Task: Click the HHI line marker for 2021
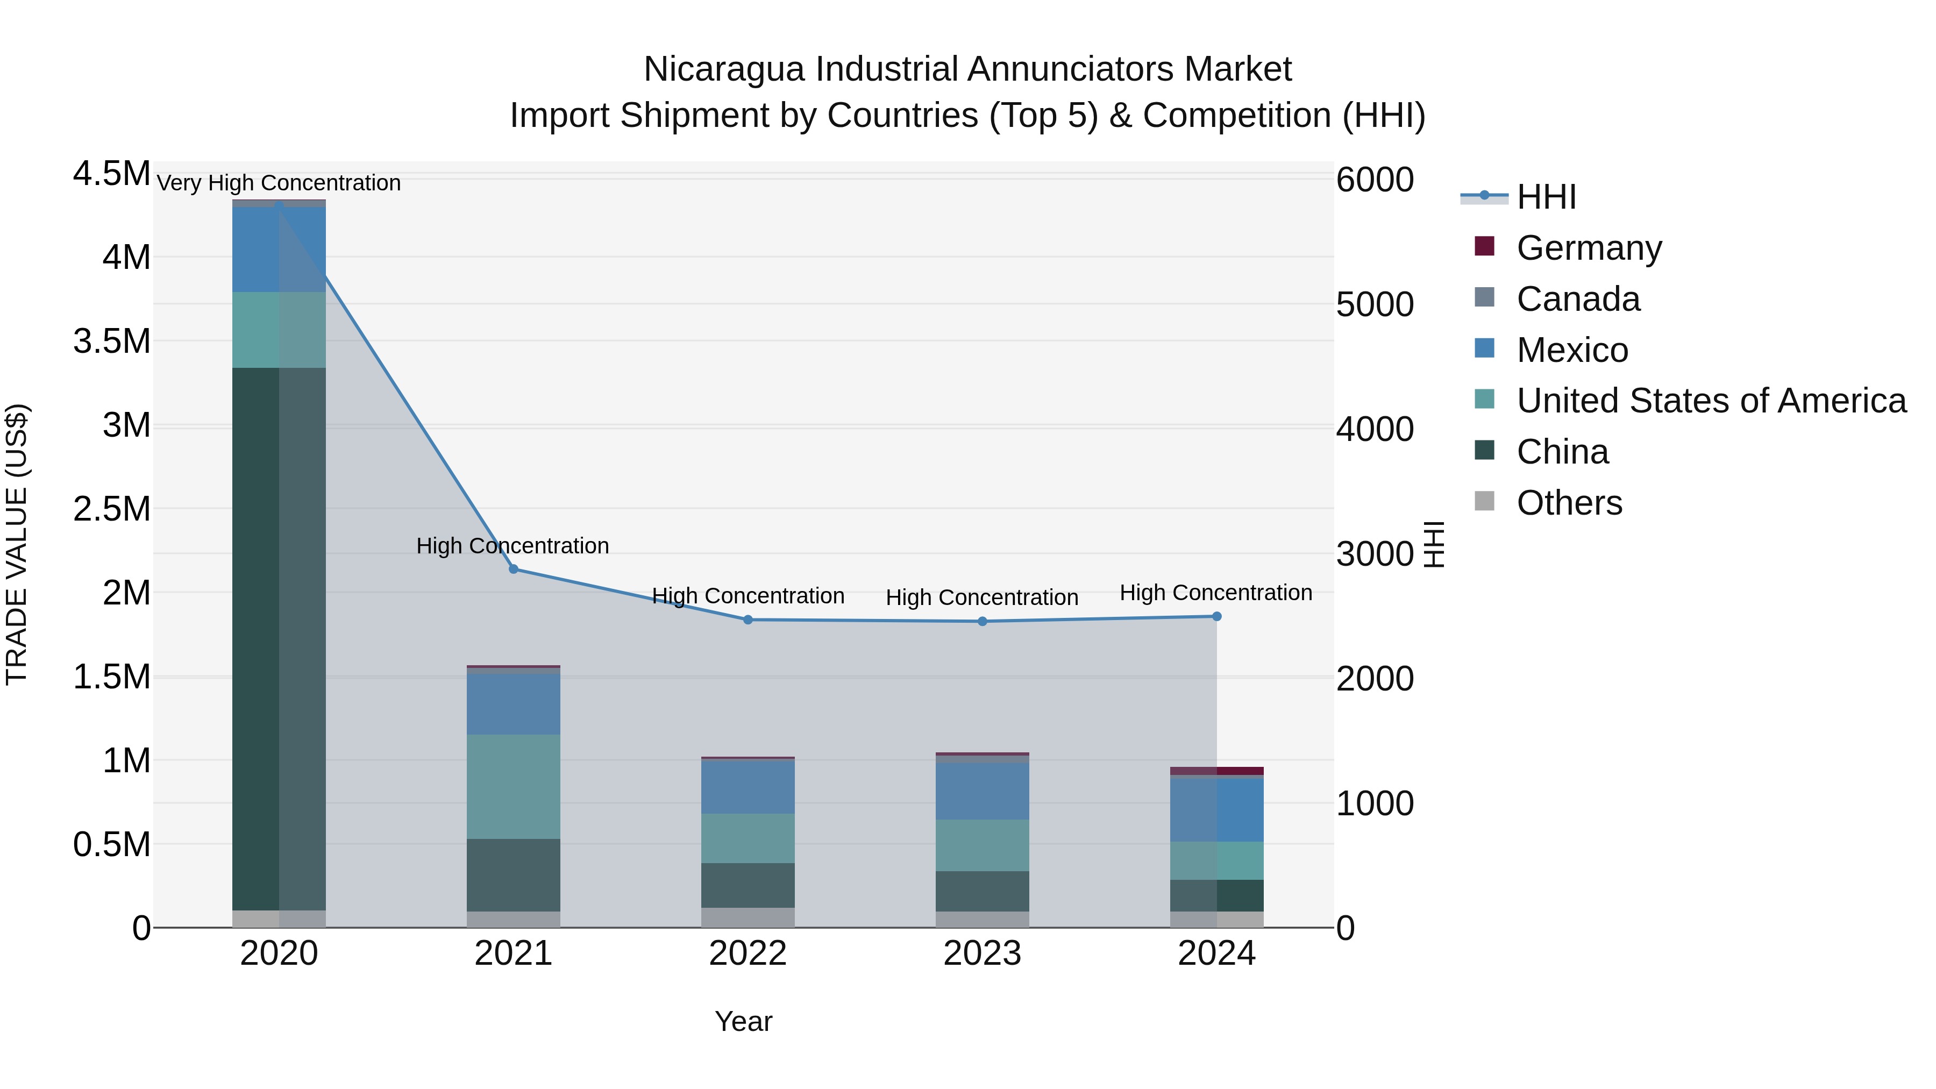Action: coord(514,569)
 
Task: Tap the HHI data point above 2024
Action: coord(1217,616)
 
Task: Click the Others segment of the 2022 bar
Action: coord(748,917)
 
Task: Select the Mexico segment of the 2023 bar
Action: coord(983,791)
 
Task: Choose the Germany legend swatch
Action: coord(1484,246)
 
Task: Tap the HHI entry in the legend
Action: coord(1546,197)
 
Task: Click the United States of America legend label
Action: coord(1711,401)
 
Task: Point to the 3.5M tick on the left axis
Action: coord(111,341)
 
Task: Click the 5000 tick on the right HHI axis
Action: coord(1375,304)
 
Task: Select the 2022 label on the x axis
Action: coord(748,953)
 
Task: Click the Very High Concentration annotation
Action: coord(279,183)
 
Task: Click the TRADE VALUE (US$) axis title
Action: coord(17,544)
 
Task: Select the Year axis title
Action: coord(743,1021)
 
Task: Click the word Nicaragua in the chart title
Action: coord(724,69)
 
